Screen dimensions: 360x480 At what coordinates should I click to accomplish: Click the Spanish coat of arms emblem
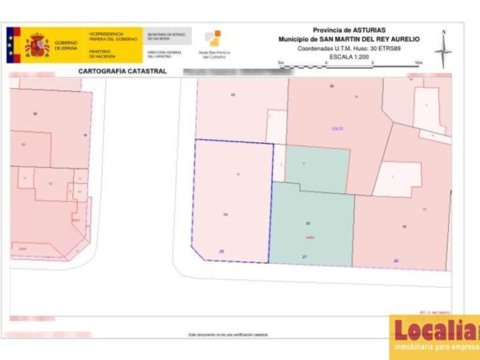(36, 44)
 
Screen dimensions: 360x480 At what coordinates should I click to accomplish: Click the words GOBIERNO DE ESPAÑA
(67, 44)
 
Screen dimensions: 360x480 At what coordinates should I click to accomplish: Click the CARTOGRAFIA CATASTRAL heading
(123, 72)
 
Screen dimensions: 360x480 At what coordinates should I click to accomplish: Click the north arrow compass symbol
(443, 49)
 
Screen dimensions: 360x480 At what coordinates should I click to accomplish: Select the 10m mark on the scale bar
(418, 62)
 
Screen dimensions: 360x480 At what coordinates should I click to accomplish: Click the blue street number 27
(305, 257)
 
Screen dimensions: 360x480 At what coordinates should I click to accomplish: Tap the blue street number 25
(221, 251)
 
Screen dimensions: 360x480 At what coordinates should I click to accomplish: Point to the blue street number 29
(397, 261)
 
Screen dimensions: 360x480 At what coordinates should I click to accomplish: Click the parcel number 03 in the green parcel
(308, 224)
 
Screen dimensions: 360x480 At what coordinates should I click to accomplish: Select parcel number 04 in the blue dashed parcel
(224, 215)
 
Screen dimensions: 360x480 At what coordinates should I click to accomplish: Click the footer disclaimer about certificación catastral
(228, 335)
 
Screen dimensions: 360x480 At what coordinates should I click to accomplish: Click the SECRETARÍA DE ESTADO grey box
(167, 37)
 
